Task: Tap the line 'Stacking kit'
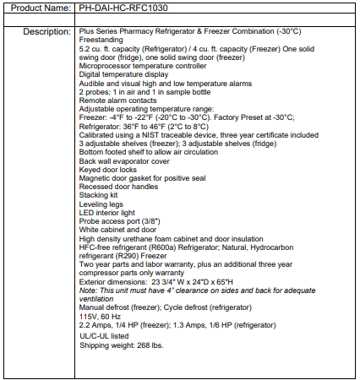98,195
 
